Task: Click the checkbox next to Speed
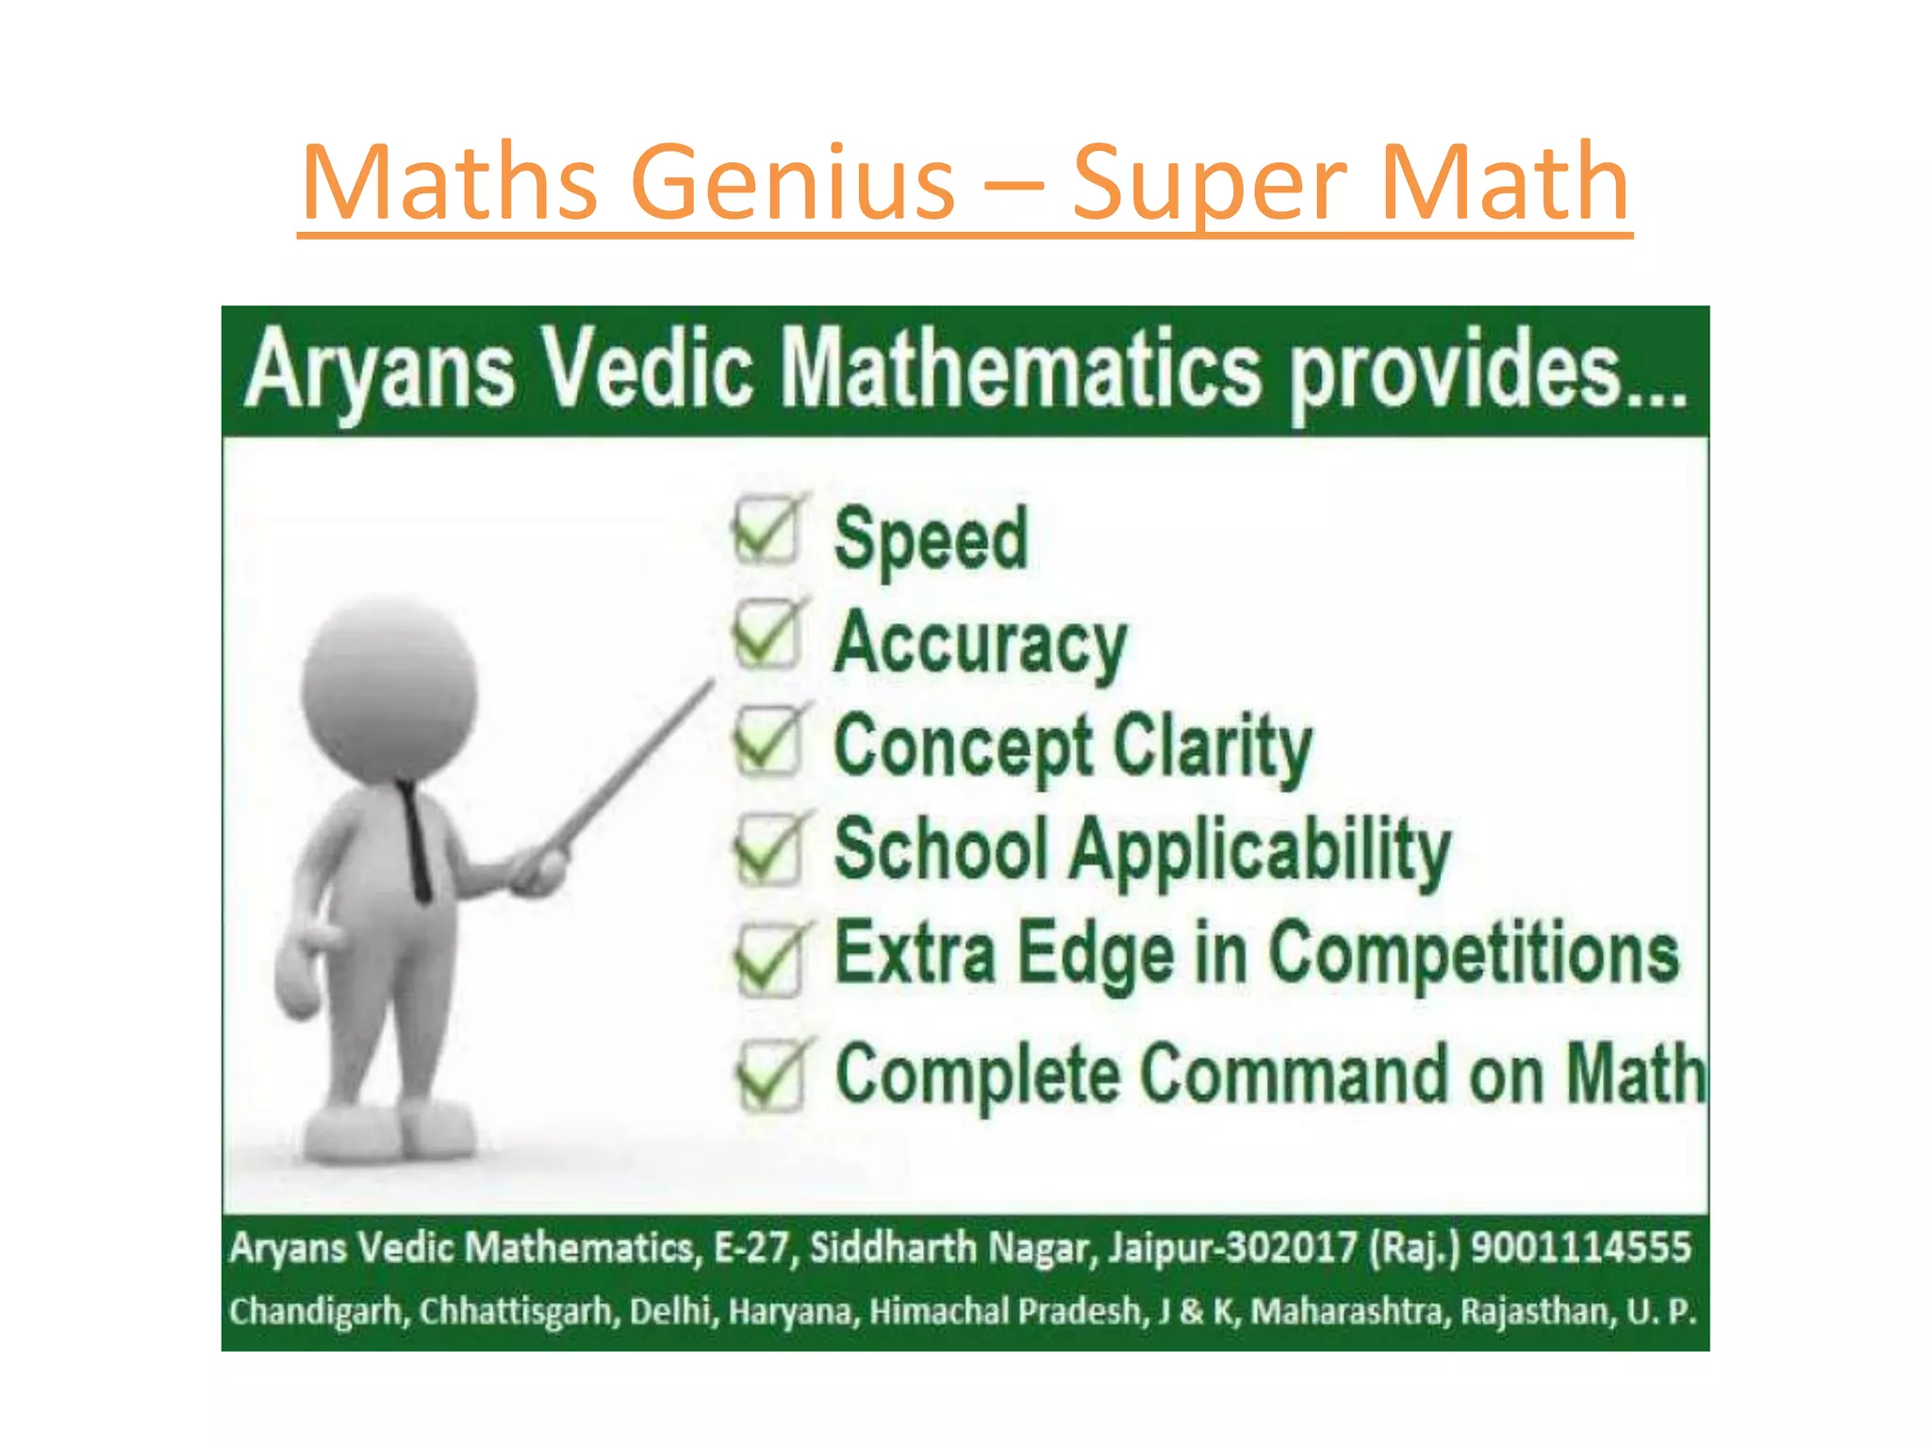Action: (766, 531)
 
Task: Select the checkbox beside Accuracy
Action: (766, 635)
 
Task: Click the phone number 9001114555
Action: (1581, 1246)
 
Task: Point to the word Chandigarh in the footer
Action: (315, 1311)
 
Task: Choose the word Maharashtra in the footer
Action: (1350, 1311)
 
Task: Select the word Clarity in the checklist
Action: (1213, 747)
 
